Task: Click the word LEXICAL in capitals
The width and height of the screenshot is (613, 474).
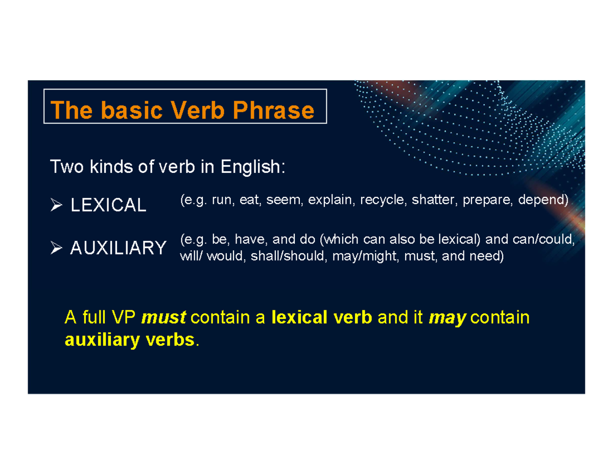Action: [108, 206]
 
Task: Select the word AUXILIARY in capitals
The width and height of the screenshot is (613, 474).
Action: [118, 249]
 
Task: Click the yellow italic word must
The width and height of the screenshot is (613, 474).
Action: [163, 318]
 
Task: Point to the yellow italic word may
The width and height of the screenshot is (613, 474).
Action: [447, 318]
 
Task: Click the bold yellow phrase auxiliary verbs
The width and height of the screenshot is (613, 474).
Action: [130, 340]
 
